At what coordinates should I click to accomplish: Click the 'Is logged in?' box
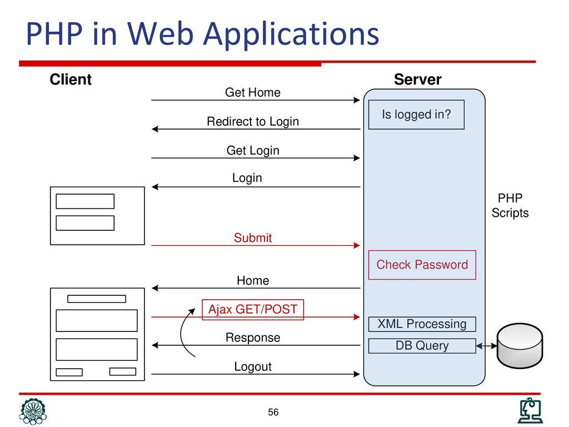[416, 115]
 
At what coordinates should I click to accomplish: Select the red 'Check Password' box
[422, 265]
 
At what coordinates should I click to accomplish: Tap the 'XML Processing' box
[422, 324]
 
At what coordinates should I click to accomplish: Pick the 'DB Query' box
[422, 346]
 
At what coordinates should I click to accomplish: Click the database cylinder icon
[520, 346]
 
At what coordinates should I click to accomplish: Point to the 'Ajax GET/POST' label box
[253, 309]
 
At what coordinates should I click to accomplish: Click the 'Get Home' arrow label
[253, 92]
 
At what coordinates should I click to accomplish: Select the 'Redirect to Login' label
[253, 121]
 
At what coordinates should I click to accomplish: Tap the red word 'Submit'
[253, 238]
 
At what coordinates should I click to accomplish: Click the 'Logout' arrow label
[253, 367]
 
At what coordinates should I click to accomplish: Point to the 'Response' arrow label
[253, 337]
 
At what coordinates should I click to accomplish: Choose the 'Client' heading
[71, 80]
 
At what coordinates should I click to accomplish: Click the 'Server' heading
[418, 80]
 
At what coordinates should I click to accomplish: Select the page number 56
[273, 412]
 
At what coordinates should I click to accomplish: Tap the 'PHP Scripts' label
[510, 205]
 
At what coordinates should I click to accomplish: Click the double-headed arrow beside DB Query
[486, 346]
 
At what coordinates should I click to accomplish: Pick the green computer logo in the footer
[530, 411]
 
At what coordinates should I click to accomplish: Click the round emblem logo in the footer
[33, 411]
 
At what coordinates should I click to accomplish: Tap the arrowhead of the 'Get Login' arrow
[357, 158]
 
